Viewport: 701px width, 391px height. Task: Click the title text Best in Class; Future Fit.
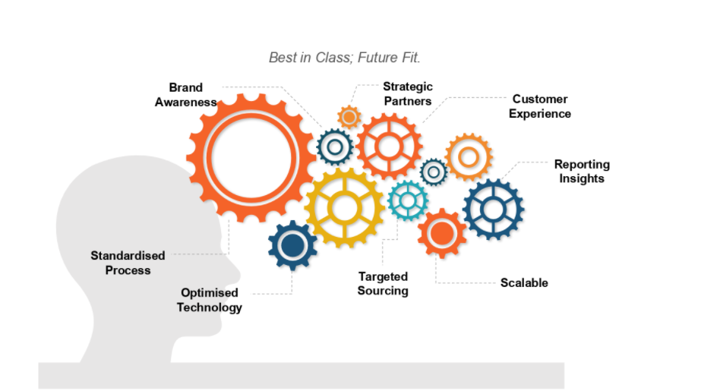pyautogui.click(x=344, y=58)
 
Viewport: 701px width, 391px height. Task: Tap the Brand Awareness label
pyautogui.click(x=185, y=95)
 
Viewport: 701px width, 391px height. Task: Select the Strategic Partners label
pyautogui.click(x=408, y=94)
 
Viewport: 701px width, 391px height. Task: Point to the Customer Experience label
pyautogui.click(x=539, y=106)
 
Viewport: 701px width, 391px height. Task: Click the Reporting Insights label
pyautogui.click(x=582, y=171)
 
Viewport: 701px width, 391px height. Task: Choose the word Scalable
pyautogui.click(x=524, y=283)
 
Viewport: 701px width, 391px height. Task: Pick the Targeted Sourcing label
pyautogui.click(x=383, y=284)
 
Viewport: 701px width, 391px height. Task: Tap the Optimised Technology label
pyautogui.click(x=209, y=300)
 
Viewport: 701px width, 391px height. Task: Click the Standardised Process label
pyautogui.click(x=128, y=263)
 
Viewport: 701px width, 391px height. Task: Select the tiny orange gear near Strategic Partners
pyautogui.click(x=349, y=118)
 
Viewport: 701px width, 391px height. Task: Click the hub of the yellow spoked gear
pyautogui.click(x=344, y=208)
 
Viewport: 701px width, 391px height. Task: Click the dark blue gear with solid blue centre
pyautogui.click(x=292, y=245)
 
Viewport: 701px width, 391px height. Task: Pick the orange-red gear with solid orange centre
pyautogui.click(x=442, y=233)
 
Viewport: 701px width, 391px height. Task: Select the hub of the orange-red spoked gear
pyautogui.click(x=389, y=146)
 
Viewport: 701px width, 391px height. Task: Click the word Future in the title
pyautogui.click(x=377, y=58)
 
